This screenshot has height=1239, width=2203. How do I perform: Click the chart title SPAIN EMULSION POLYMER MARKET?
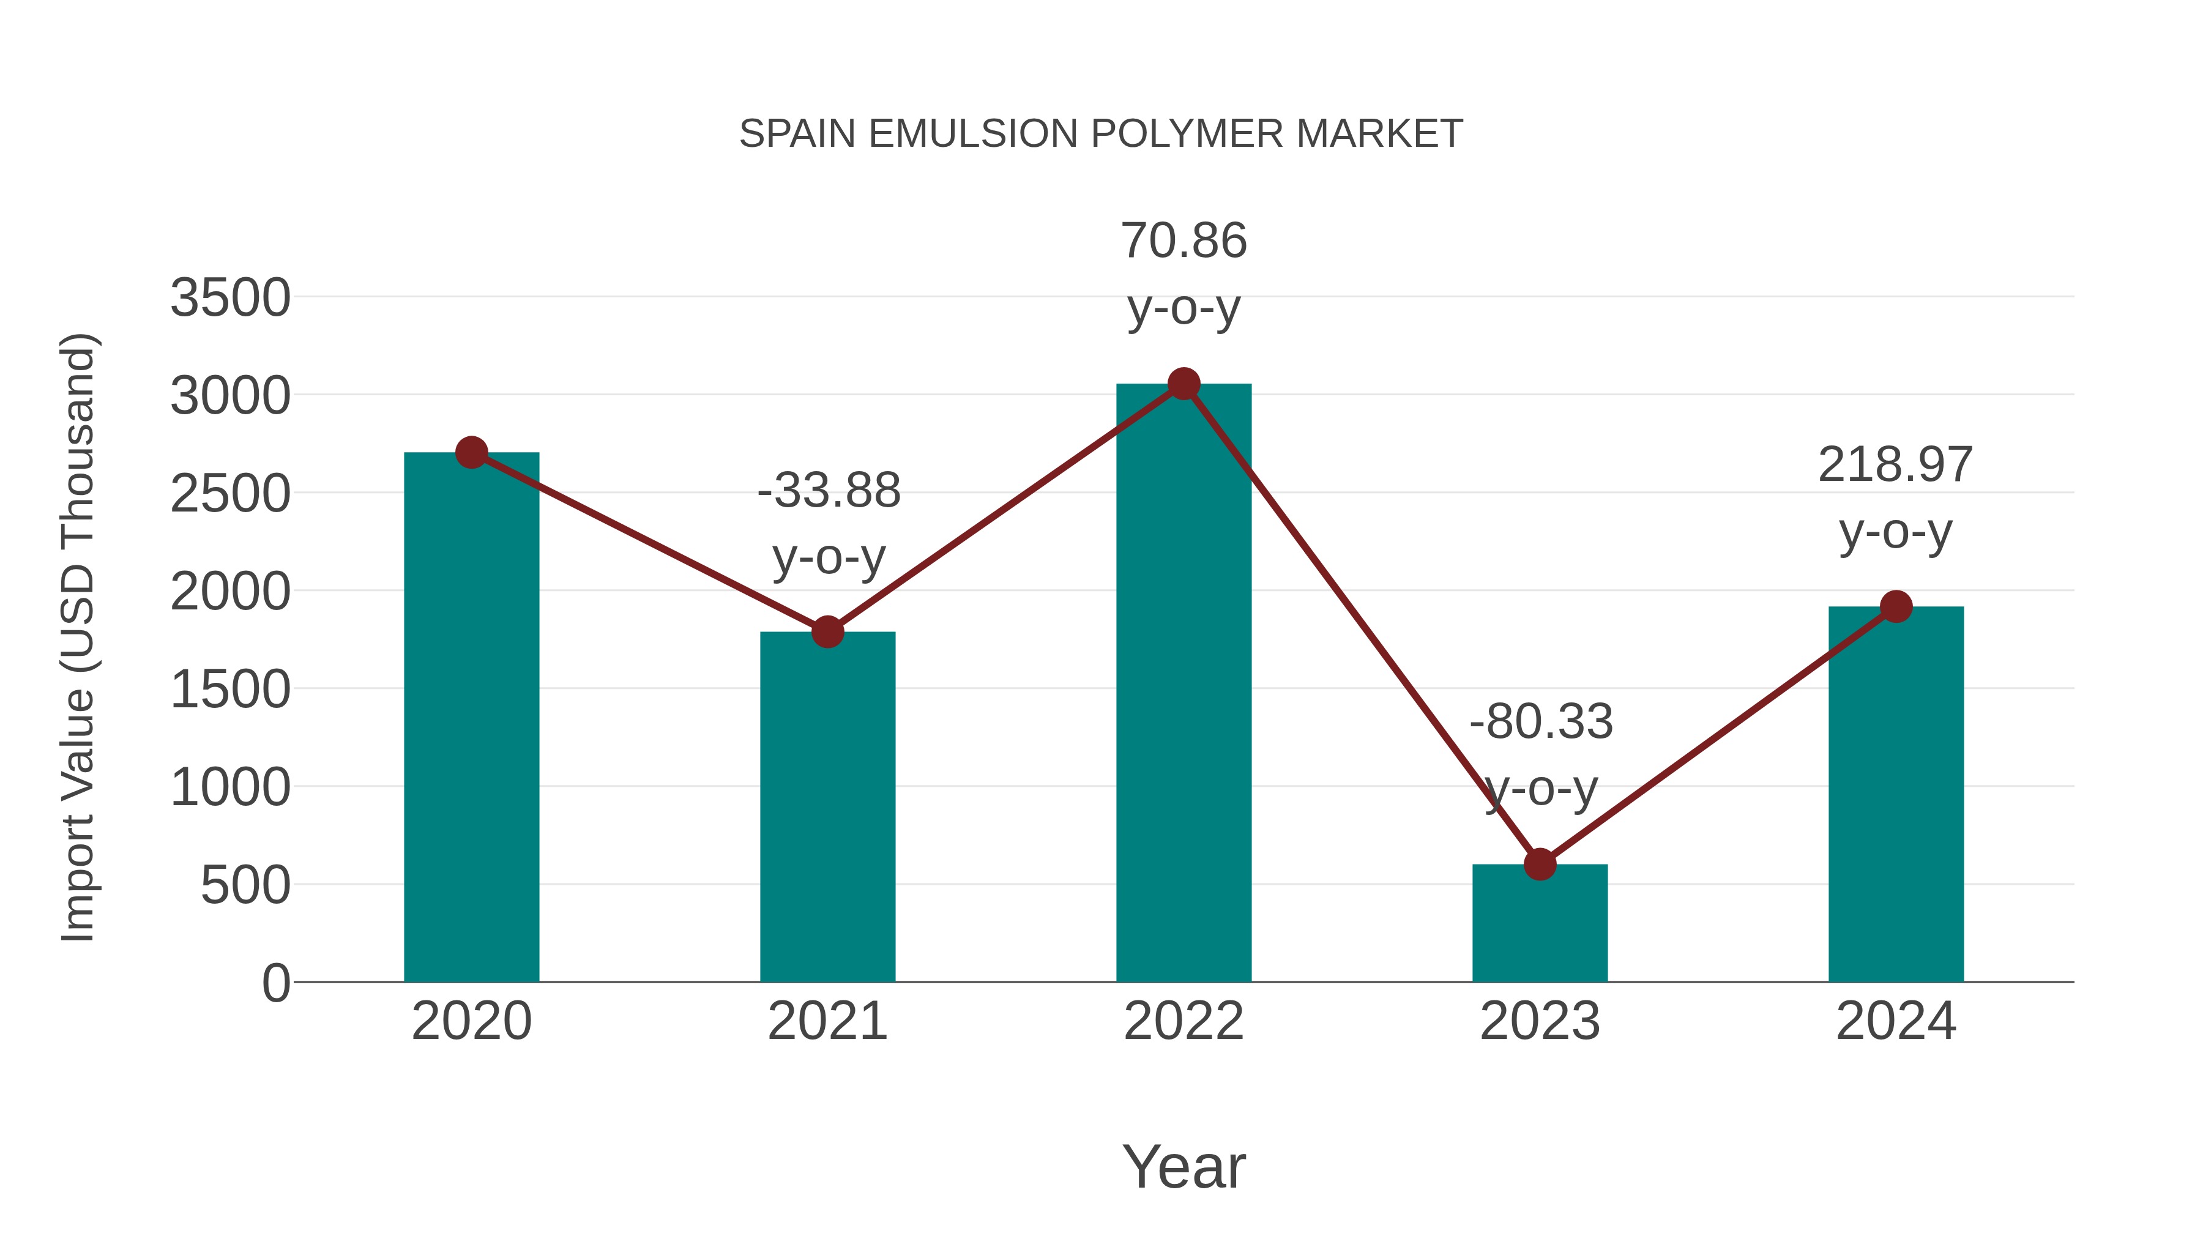click(x=1101, y=134)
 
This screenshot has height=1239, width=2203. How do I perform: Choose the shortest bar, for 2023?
click(x=1540, y=923)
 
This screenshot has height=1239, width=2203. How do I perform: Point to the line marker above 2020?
click(x=471, y=452)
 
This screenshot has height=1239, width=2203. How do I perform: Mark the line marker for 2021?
click(x=827, y=632)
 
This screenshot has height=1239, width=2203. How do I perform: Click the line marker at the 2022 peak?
click(x=1184, y=384)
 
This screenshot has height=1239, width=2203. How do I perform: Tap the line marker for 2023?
click(x=1540, y=865)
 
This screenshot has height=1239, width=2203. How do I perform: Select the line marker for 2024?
click(x=1896, y=606)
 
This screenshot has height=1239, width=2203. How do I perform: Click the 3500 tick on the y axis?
click(x=230, y=299)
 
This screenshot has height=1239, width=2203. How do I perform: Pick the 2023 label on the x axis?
click(x=1540, y=1021)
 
